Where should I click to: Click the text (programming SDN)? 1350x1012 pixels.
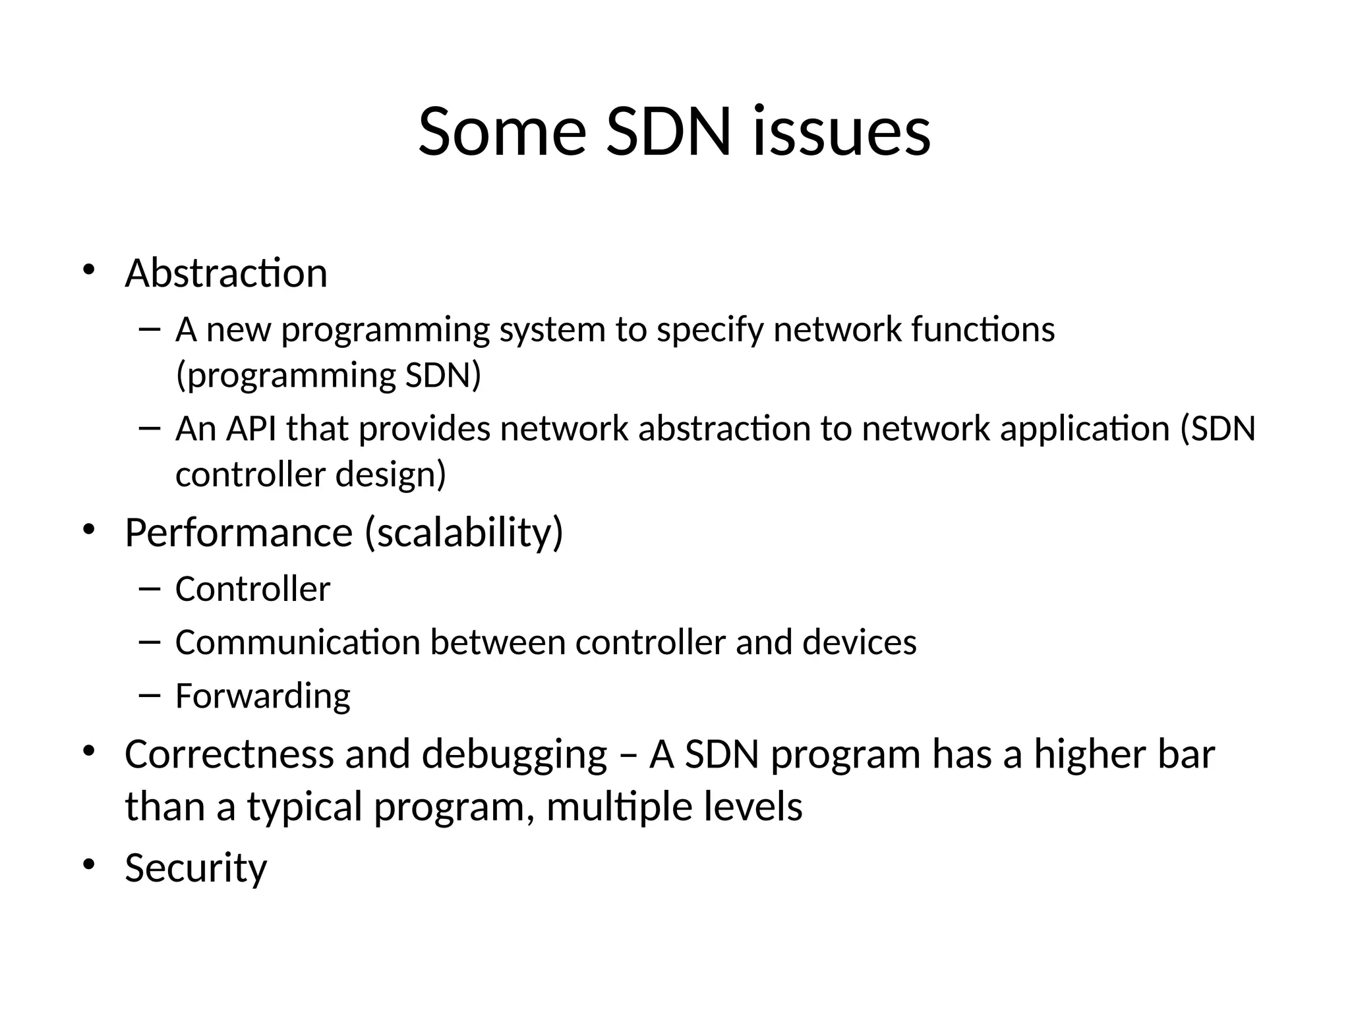pyautogui.click(x=328, y=375)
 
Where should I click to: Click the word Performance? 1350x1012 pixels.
pyautogui.click(x=239, y=532)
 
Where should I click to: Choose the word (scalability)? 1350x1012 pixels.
pyautogui.click(x=464, y=532)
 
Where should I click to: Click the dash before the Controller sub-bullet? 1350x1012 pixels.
pyautogui.click(x=150, y=587)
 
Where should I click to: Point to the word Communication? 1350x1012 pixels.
pyautogui.click(x=298, y=642)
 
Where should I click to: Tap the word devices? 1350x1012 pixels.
pyautogui.click(x=859, y=642)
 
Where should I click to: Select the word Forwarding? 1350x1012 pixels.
pyautogui.click(x=263, y=696)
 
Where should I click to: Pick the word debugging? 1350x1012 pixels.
pyautogui.click(x=514, y=755)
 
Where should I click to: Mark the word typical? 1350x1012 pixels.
pyautogui.click(x=305, y=806)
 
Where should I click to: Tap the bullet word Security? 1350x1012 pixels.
pyautogui.click(x=196, y=868)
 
